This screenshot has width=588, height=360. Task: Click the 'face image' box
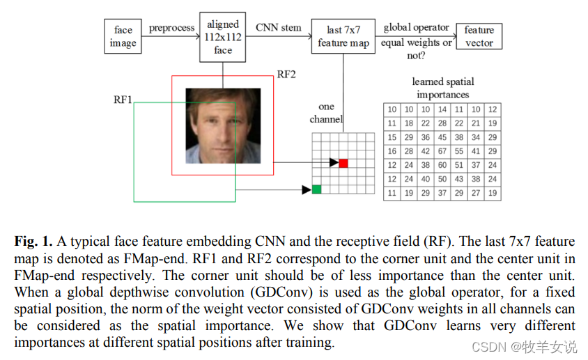(123, 37)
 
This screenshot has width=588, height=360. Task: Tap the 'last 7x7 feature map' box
(343, 36)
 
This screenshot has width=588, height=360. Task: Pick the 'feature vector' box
(479, 36)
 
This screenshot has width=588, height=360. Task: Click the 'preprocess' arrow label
(171, 28)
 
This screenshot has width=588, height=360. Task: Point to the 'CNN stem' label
(279, 28)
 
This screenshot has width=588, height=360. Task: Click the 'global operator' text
(416, 28)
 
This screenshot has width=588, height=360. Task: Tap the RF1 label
(123, 100)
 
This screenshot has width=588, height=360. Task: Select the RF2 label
(286, 75)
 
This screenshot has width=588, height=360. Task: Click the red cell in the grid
(343, 163)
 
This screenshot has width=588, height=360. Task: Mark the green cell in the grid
(317, 189)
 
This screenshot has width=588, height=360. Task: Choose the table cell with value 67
(442, 151)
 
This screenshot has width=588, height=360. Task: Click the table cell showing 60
(442, 165)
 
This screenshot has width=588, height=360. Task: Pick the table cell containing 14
(442, 109)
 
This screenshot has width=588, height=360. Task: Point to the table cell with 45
(442, 137)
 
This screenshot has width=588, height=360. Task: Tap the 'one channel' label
(326, 113)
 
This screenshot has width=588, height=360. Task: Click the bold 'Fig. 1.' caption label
(33, 242)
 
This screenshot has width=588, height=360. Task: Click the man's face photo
(222, 125)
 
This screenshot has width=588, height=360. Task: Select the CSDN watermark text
(523, 346)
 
